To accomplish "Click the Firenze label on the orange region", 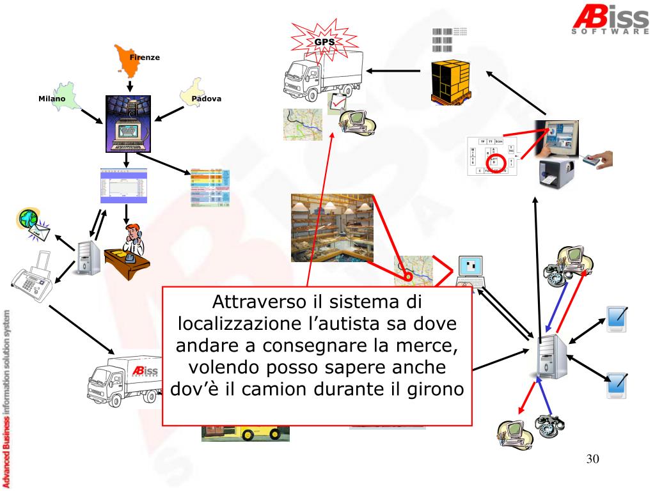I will (x=145, y=58).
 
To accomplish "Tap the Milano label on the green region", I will (x=52, y=99).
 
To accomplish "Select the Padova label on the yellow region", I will (x=206, y=98).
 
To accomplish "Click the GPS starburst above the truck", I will (x=324, y=42).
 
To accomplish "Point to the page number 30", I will (x=592, y=460).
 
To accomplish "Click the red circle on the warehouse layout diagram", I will (x=501, y=164).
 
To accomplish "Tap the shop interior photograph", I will (x=332, y=228).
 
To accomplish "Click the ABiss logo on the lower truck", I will (x=146, y=372).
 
